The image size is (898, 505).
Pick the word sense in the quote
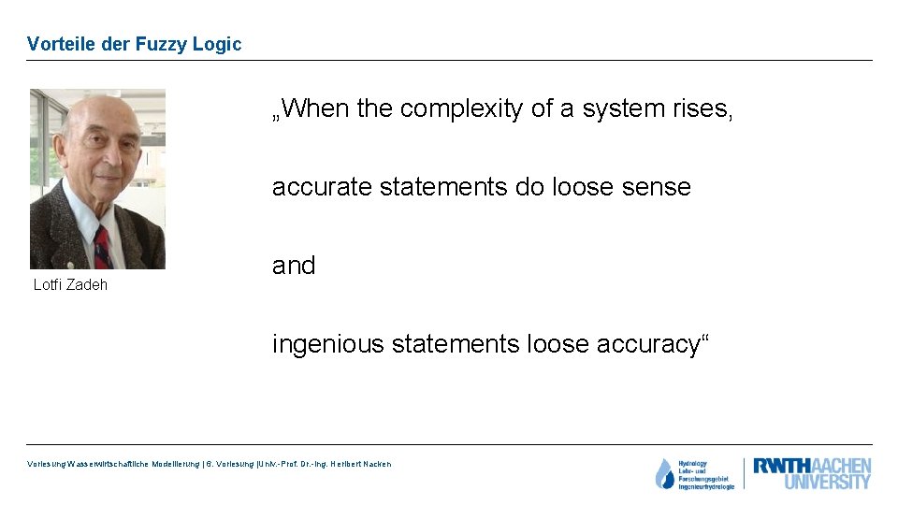658,187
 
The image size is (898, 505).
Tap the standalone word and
294,266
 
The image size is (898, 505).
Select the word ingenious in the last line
327,344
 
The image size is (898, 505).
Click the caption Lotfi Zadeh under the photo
70,284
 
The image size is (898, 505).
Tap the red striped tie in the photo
102,247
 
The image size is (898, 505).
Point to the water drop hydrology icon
664,474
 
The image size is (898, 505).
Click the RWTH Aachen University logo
811,474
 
